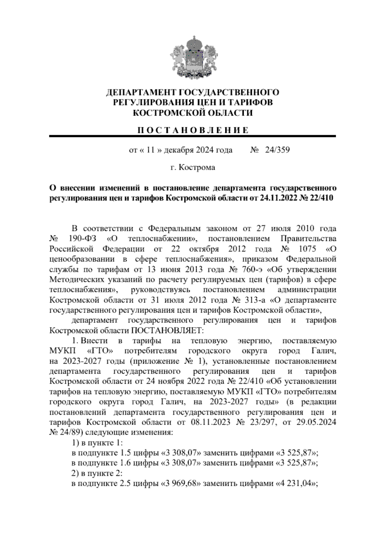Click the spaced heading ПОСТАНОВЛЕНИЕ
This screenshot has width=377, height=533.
193,130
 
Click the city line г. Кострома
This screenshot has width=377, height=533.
193,168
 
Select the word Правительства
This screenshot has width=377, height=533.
308,239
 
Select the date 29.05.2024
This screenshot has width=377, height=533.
316,422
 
